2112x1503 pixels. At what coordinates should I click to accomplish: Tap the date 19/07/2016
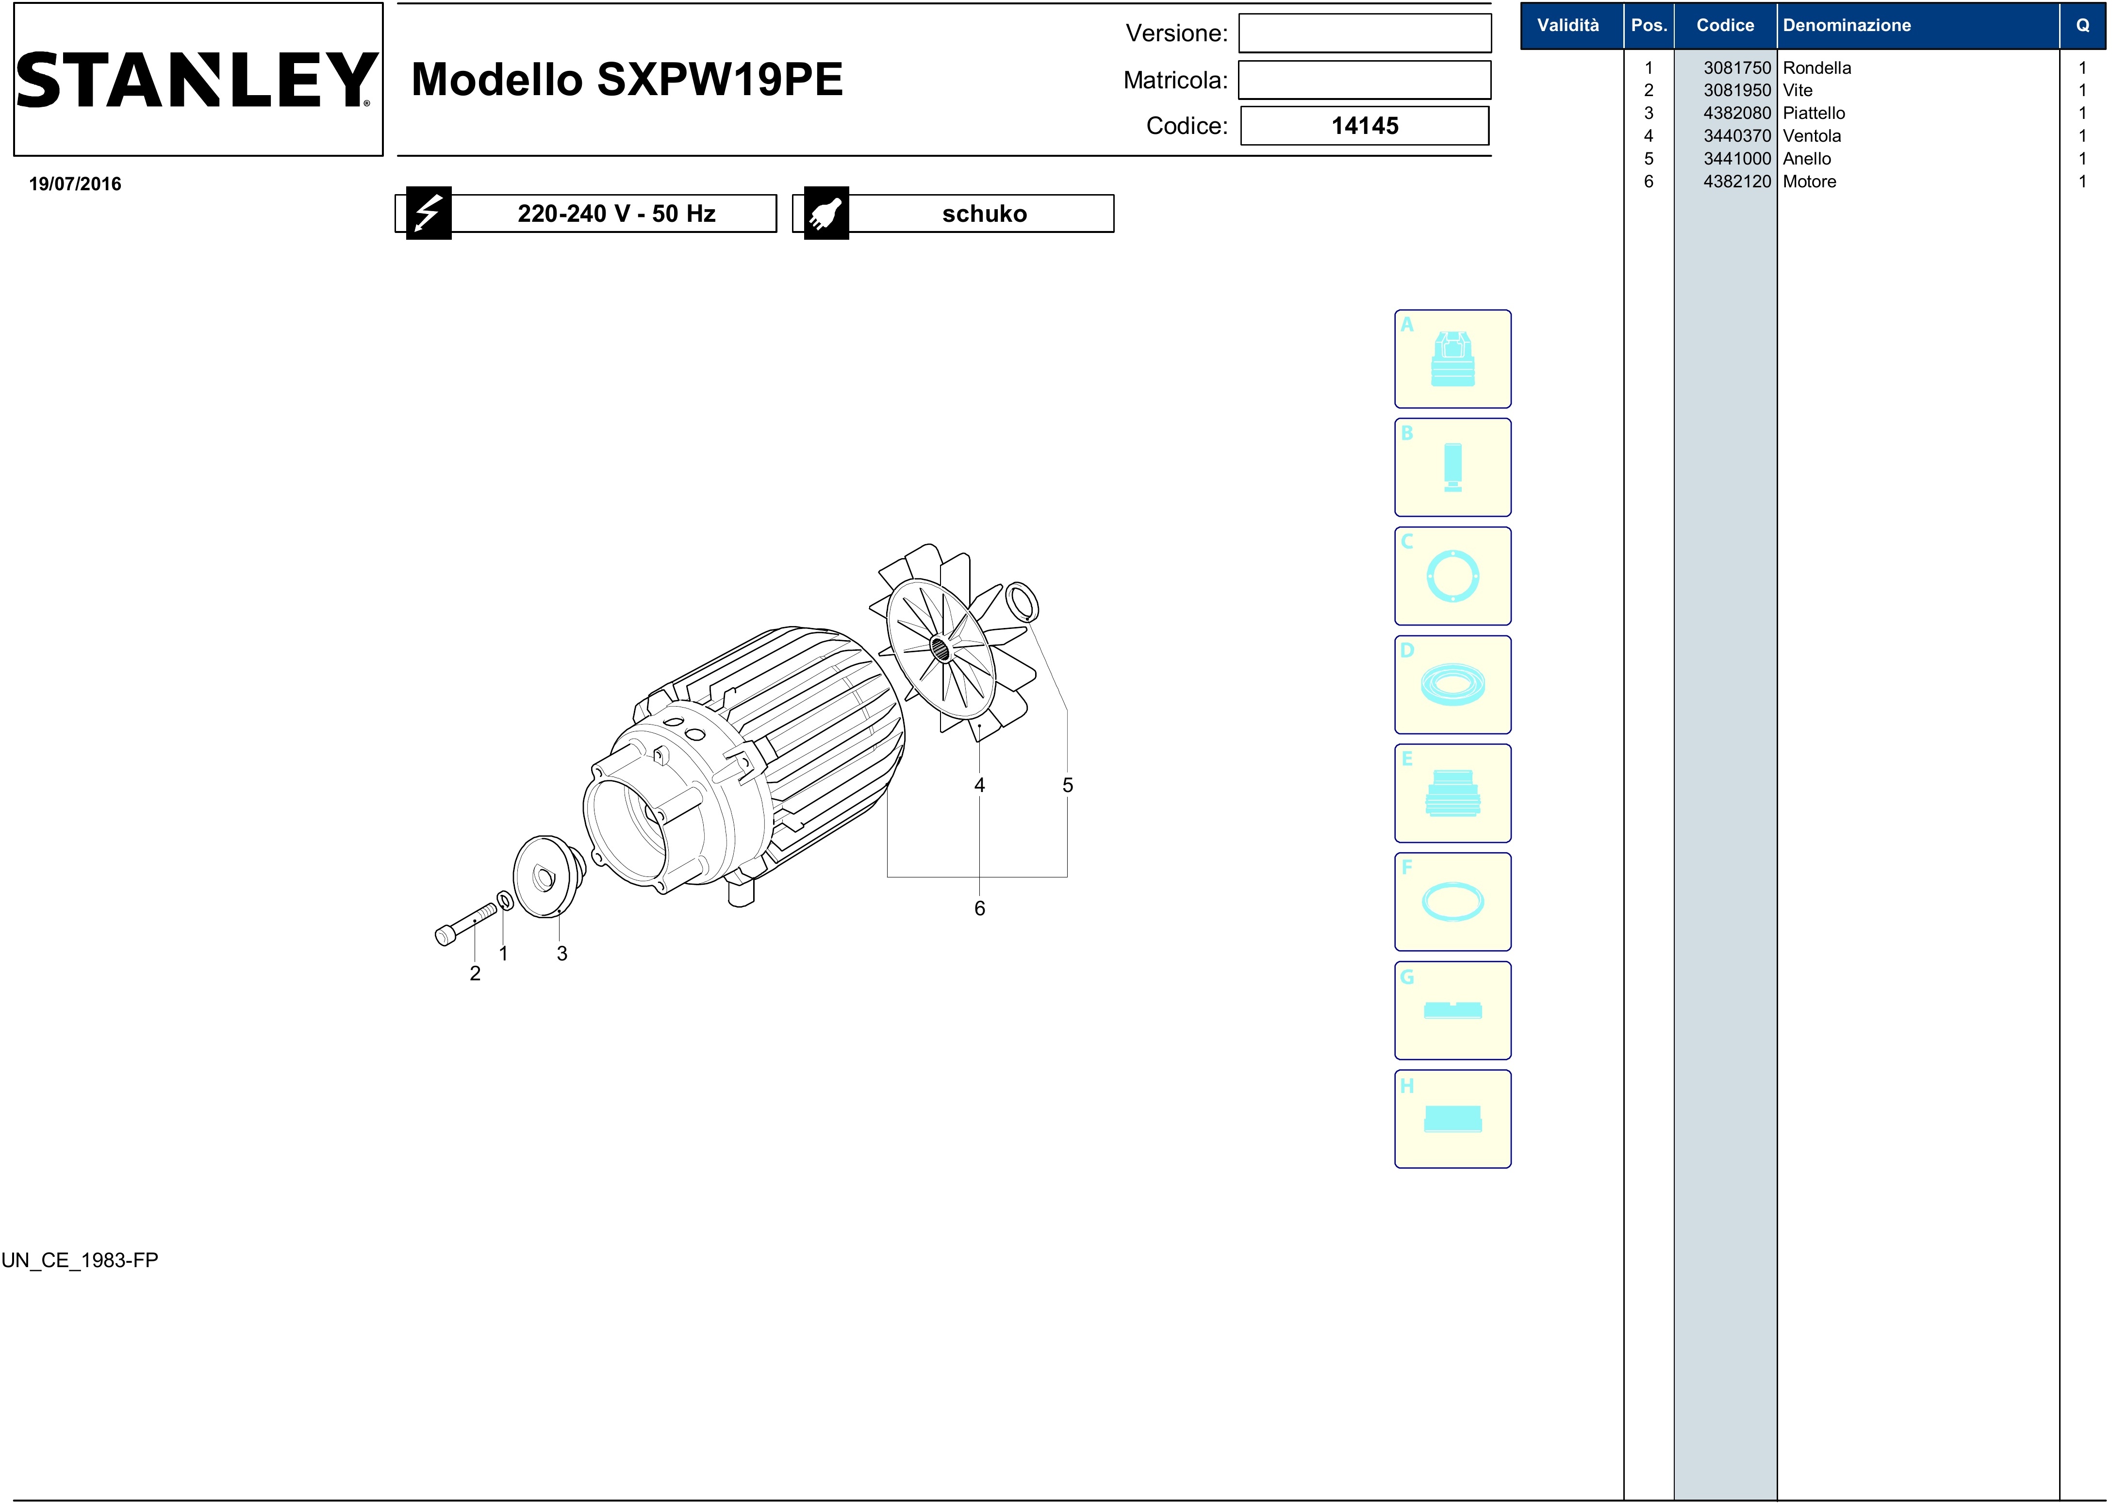[x=75, y=183]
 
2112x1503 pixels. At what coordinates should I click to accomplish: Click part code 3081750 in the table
[x=1736, y=67]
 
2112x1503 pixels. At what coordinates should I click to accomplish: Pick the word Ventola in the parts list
[x=1811, y=136]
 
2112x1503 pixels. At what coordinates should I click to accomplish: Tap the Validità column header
[x=1568, y=25]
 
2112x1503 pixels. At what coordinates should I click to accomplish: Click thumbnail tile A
[x=1452, y=359]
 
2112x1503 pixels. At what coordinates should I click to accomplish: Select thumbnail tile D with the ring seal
[x=1452, y=685]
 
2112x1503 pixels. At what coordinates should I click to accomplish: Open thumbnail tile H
[x=1452, y=1119]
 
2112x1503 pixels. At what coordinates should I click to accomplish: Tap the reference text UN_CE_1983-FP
[x=80, y=1260]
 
